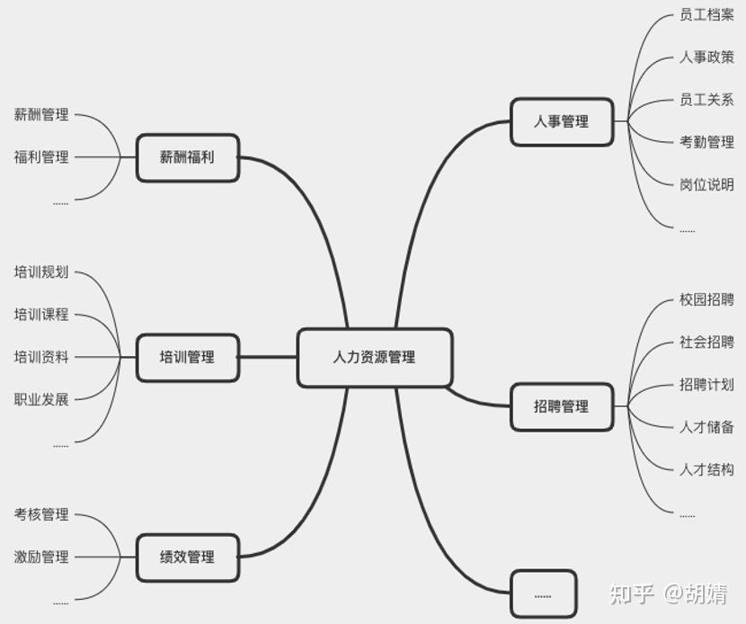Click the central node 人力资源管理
374,357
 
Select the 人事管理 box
562,121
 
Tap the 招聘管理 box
562,406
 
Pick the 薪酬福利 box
188,157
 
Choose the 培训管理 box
188,357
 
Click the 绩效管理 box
188,557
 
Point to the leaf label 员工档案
706,15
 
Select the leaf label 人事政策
706,58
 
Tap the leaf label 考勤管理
706,142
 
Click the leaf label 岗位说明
706,184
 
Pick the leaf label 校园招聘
706,299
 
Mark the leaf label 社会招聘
706,342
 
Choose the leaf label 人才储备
706,427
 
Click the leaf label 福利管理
41,157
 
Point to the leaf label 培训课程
41,315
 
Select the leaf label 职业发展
41,399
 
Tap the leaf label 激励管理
41,557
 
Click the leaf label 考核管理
41,514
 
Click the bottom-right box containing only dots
543,593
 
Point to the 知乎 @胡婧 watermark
668,593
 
